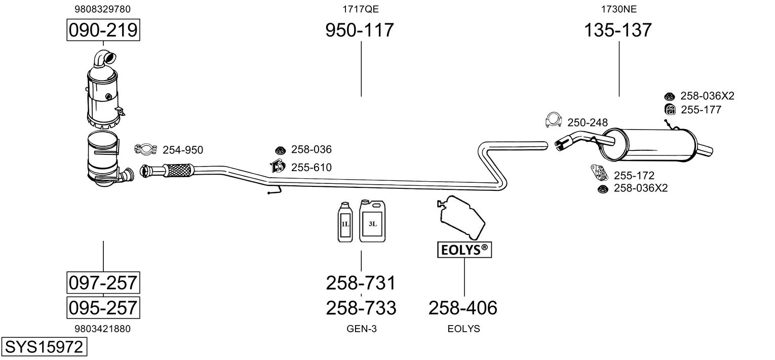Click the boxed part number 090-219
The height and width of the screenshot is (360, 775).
pyautogui.click(x=103, y=30)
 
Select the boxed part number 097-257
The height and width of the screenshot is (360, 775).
pyautogui.click(x=103, y=282)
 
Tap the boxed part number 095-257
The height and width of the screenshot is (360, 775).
pyautogui.click(x=103, y=307)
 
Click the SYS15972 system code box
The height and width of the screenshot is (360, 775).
pyautogui.click(x=43, y=347)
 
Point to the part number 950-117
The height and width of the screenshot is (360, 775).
pyautogui.click(x=359, y=30)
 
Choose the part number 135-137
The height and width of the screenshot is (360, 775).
pyautogui.click(x=618, y=30)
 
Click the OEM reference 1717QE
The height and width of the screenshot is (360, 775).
pyautogui.click(x=360, y=9)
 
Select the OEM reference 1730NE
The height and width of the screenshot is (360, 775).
pyautogui.click(x=618, y=9)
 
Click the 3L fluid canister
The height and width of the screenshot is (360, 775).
pyautogui.click(x=372, y=221)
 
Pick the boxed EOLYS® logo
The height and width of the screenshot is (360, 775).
pyautogui.click(x=464, y=250)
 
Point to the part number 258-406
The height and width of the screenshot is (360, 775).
pyautogui.click(x=463, y=307)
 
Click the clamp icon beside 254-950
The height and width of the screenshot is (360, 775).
pyautogui.click(x=144, y=149)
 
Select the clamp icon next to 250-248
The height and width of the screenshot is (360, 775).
pyautogui.click(x=553, y=120)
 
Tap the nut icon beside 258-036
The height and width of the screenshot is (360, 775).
pyautogui.click(x=280, y=150)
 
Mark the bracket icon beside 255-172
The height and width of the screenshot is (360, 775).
pyautogui.click(x=599, y=172)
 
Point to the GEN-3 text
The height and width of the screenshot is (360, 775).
pyautogui.click(x=361, y=329)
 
